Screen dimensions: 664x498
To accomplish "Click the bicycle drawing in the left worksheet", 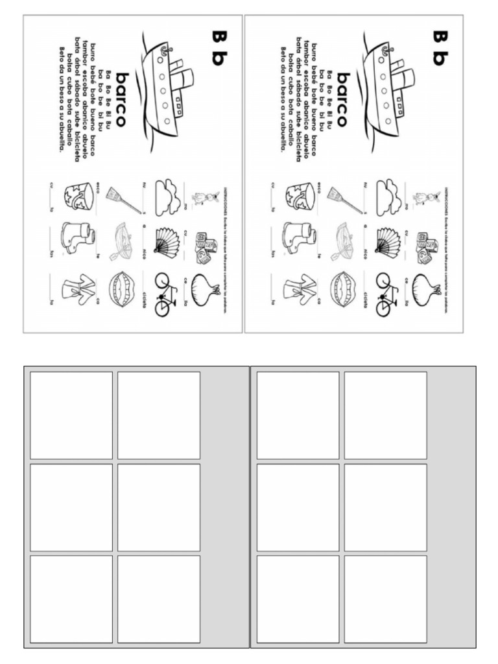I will [166, 294].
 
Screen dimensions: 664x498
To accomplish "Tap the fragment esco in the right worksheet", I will [320, 186].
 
